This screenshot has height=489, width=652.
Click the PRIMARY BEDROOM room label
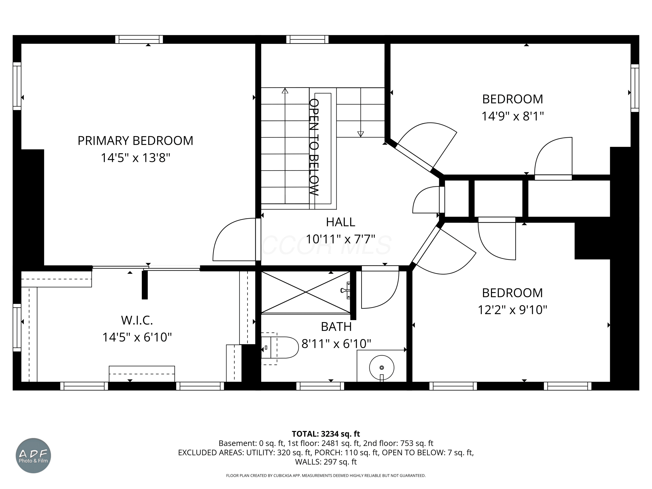click(x=135, y=141)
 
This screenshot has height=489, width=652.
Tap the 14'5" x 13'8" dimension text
click(x=136, y=158)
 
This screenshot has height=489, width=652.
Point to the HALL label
click(x=340, y=222)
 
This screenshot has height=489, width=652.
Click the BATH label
click(x=336, y=327)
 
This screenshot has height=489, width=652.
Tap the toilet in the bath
click(x=280, y=348)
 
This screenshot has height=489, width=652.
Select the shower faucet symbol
click(x=346, y=291)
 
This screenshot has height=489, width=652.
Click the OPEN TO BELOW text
click(x=314, y=147)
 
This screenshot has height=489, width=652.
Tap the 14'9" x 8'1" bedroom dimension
click(x=512, y=116)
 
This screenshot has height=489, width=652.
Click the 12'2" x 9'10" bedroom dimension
click(x=512, y=310)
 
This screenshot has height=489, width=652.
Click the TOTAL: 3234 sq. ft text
click(x=326, y=434)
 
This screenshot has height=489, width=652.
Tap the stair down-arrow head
click(x=361, y=134)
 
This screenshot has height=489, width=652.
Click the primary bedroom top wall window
click(x=139, y=39)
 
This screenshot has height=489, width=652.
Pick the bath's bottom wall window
click(x=320, y=386)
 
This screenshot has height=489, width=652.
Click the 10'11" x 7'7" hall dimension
click(x=340, y=239)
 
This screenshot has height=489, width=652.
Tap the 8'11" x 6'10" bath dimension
click(x=336, y=344)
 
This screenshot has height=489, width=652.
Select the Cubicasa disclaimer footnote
click(x=326, y=476)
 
